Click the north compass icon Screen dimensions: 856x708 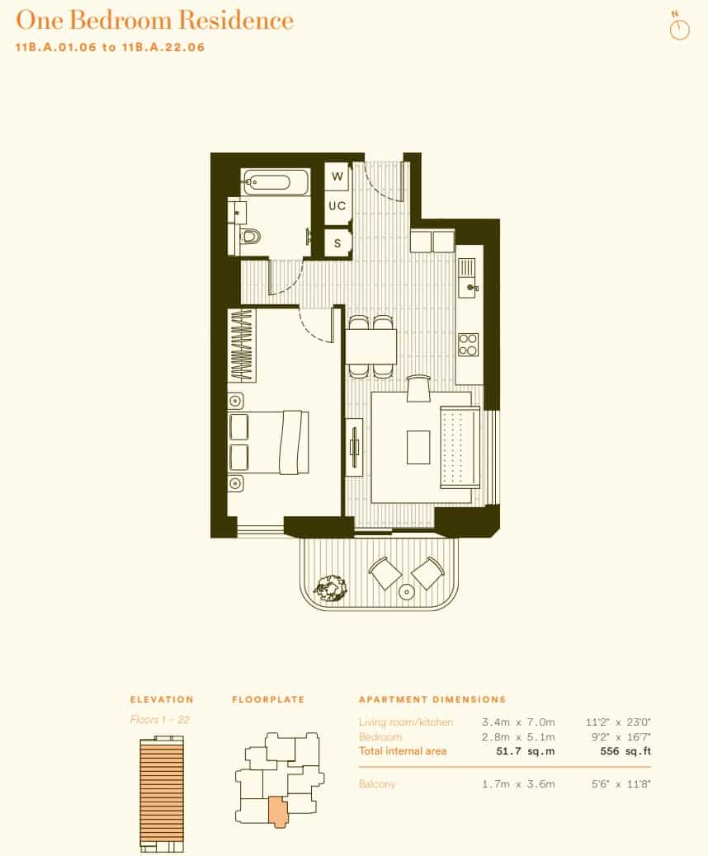coord(679,29)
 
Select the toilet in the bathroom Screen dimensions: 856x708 coord(251,237)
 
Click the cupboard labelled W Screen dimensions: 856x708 coord(337,176)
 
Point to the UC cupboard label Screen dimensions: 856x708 coord(337,206)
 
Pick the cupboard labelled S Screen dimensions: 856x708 coord(337,243)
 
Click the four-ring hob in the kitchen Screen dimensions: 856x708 coord(469,343)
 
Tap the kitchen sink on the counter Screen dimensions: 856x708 coord(468,279)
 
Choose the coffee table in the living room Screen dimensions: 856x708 coord(418,447)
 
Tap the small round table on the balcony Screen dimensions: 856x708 coord(406,592)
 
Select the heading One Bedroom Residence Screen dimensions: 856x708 coord(155,20)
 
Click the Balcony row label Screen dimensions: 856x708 coord(377,783)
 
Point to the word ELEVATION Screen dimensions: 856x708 coord(162,699)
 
